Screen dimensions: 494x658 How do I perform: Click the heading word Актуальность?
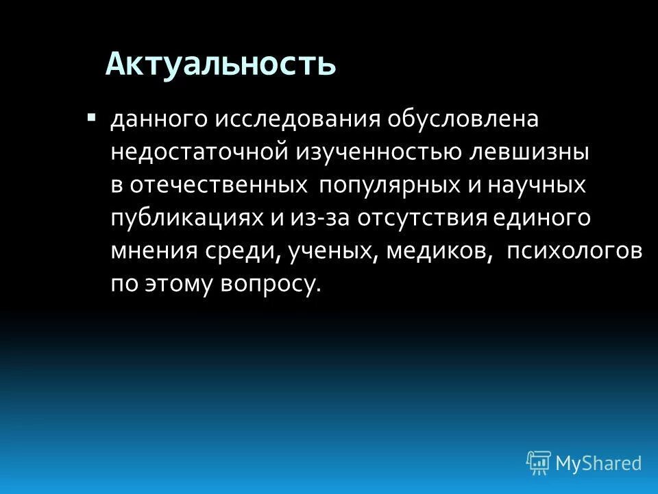point(221,64)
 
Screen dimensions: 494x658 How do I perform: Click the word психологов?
point(574,252)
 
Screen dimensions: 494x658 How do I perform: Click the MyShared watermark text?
point(598,463)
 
